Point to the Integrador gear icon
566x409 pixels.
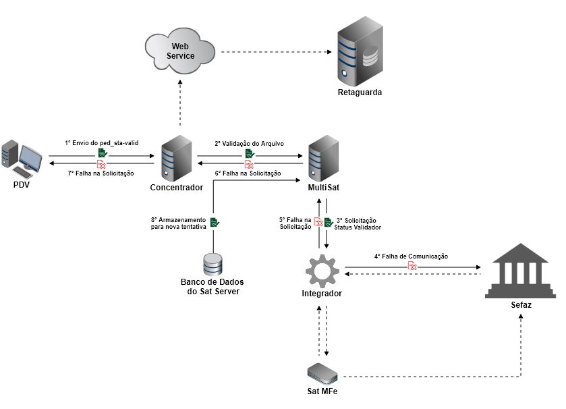click(322, 269)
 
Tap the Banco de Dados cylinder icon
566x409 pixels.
click(213, 263)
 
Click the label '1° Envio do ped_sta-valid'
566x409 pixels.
click(101, 144)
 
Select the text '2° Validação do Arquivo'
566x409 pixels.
click(248, 144)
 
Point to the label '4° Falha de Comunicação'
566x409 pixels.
click(412, 256)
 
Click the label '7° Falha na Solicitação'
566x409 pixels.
click(101, 173)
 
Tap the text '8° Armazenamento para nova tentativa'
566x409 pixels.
click(178, 223)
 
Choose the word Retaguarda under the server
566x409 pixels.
click(360, 92)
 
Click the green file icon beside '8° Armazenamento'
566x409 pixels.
click(215, 222)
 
